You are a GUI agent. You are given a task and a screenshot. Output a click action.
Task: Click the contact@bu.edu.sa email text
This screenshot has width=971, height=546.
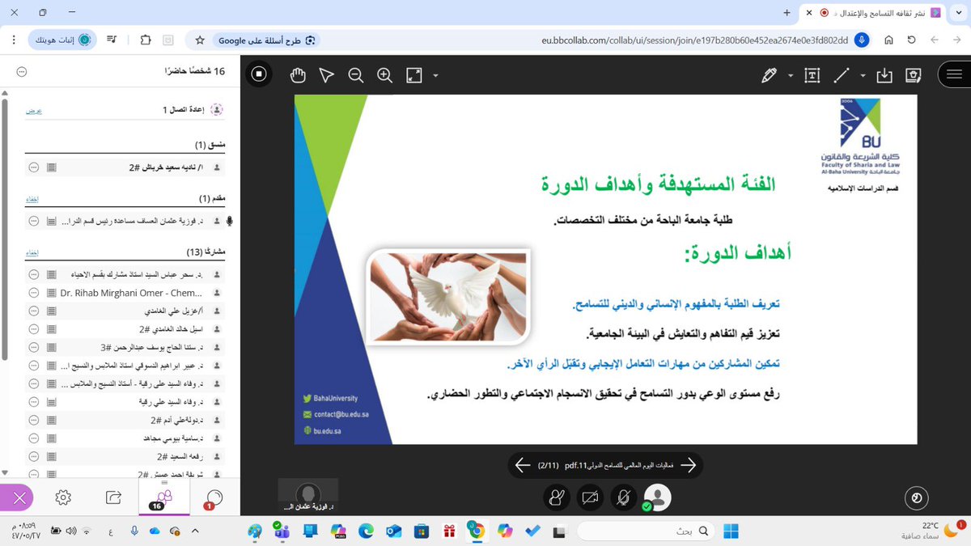(x=338, y=415)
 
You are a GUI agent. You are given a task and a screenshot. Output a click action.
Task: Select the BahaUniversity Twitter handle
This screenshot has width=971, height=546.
(x=335, y=399)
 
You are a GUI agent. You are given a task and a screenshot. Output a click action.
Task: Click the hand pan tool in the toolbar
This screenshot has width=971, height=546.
(x=298, y=75)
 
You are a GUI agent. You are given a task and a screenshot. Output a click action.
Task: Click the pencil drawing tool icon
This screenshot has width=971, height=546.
(x=769, y=75)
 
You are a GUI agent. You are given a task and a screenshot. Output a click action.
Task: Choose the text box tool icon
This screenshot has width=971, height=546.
(x=812, y=75)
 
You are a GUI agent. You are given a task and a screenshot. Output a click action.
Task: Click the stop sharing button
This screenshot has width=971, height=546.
(x=259, y=75)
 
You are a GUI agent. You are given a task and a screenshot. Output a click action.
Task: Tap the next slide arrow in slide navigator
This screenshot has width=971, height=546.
(x=689, y=465)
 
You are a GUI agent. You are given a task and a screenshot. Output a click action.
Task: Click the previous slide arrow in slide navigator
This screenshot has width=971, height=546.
(x=523, y=465)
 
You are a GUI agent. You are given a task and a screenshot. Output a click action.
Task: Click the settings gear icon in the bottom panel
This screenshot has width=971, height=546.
(x=63, y=497)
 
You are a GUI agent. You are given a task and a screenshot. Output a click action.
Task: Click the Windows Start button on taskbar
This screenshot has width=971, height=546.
(x=731, y=531)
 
